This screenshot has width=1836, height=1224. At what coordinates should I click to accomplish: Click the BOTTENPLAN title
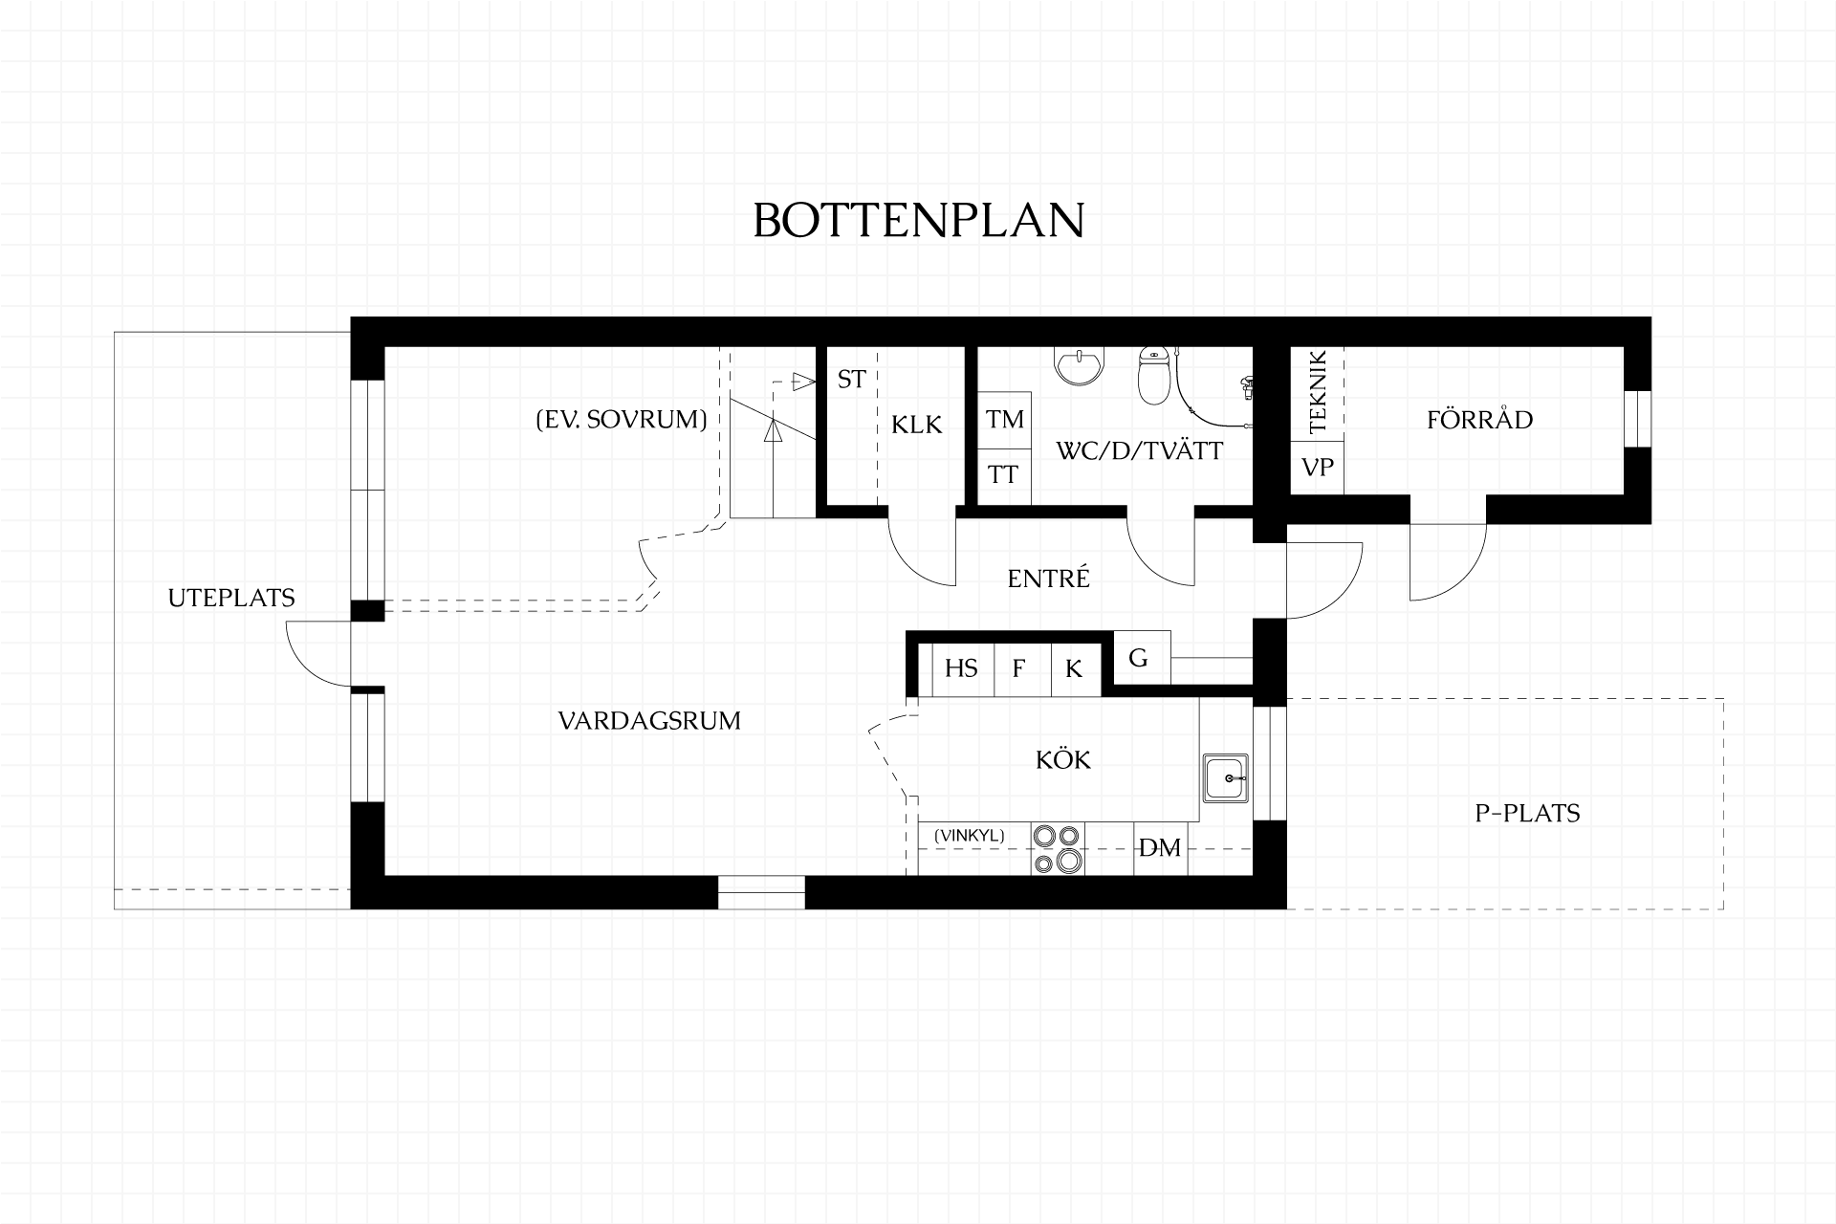[x=919, y=220]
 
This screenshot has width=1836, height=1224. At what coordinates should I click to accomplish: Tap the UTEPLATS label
[x=231, y=598]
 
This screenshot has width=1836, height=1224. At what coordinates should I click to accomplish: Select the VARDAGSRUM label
[x=649, y=720]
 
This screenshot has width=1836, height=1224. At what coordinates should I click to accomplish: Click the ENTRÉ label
[x=1049, y=578]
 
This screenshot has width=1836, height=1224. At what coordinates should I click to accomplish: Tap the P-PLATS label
[x=1527, y=813]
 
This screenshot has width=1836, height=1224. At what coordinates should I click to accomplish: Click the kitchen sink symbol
[x=1225, y=778]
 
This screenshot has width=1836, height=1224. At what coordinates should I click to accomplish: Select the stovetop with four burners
[x=1058, y=848]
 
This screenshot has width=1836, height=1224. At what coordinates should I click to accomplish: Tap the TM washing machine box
[x=1004, y=419]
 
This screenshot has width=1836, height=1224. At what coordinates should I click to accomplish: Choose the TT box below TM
[x=1004, y=475]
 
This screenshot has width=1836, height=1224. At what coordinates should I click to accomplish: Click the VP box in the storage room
[x=1318, y=468]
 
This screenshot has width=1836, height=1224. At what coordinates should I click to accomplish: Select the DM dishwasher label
[x=1160, y=847]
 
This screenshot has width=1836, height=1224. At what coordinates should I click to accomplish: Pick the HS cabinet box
[x=962, y=667]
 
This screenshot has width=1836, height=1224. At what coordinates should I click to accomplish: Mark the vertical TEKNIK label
[x=1318, y=392]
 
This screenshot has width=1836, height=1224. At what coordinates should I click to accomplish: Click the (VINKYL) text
[x=970, y=836]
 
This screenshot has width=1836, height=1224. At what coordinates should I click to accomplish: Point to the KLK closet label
[x=917, y=424]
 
